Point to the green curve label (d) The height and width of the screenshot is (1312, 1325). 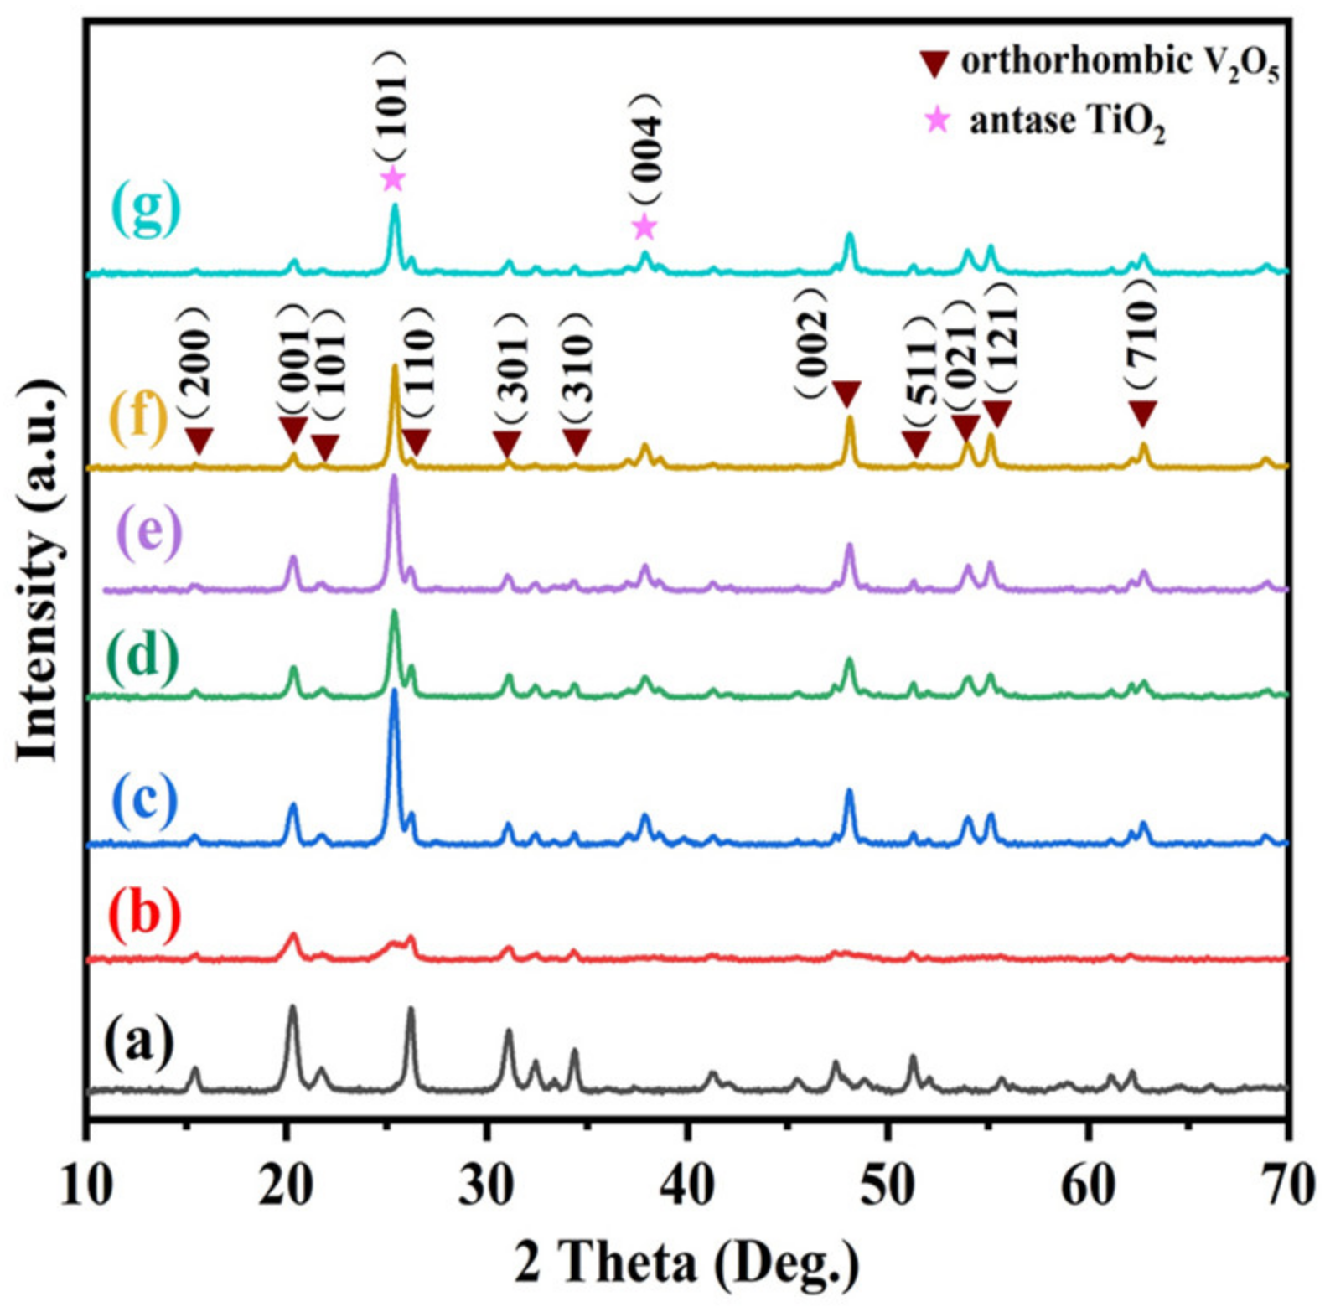[143, 655]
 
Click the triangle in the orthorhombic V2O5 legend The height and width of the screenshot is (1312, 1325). [933, 64]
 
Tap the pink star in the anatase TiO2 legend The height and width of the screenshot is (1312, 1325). [937, 121]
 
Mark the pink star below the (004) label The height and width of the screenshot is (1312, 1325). [644, 226]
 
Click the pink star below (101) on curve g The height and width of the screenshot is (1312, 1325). [392, 178]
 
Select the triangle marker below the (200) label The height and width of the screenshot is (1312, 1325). [199, 439]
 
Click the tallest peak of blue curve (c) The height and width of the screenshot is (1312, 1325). [394, 695]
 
